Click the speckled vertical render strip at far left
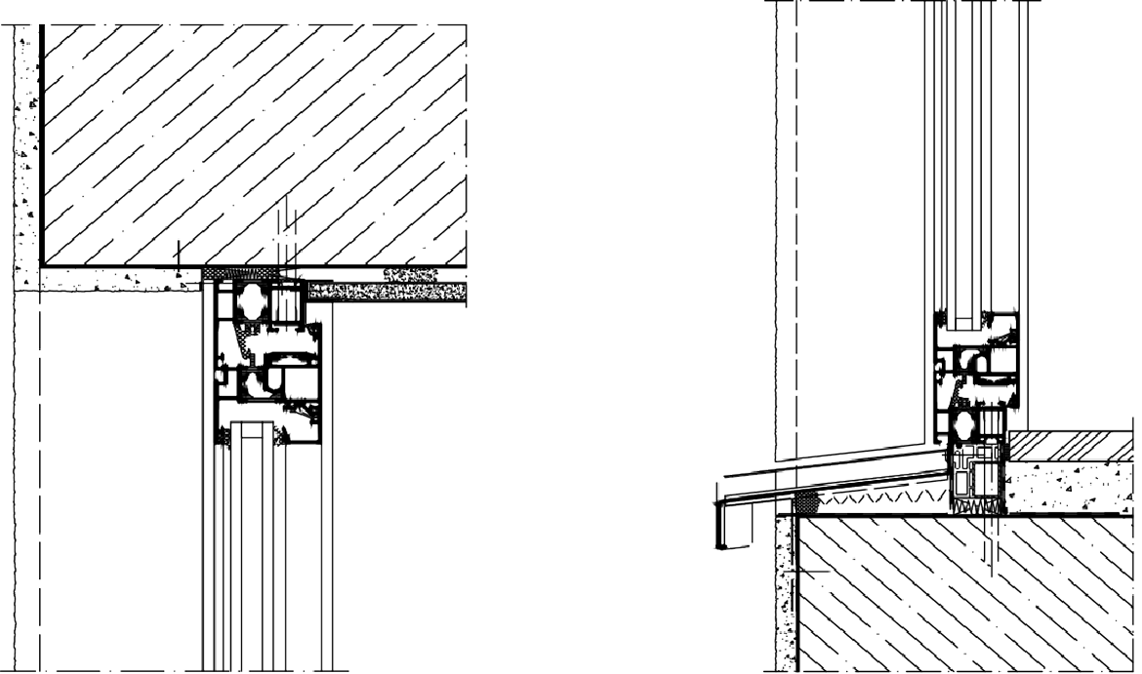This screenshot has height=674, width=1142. point(26,146)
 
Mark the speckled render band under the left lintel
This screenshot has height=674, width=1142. point(117,280)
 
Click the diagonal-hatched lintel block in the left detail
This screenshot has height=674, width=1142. point(254,137)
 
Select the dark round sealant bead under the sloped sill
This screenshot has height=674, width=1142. point(807,503)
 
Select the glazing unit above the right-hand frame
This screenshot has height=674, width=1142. point(976,146)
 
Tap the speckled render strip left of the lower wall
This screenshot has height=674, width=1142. point(780,595)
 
